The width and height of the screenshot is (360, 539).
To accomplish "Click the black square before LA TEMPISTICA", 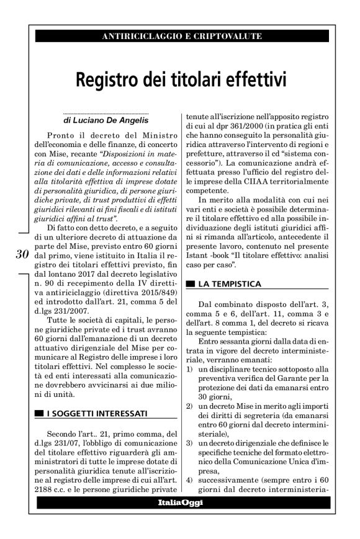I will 190,284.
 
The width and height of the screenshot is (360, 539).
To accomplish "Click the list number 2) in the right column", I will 189,406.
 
